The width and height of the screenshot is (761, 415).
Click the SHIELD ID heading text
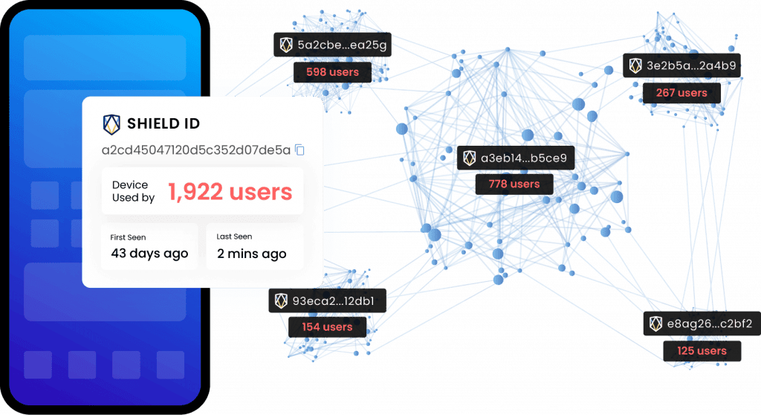[x=163, y=123]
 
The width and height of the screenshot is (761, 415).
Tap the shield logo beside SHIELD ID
[x=111, y=123]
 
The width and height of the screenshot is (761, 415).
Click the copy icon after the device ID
[x=299, y=150]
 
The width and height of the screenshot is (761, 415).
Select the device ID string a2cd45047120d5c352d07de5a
[x=196, y=150]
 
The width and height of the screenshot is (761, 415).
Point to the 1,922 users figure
[x=230, y=192]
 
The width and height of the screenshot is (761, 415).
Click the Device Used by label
[x=133, y=191]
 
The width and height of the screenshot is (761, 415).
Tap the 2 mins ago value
[x=251, y=254]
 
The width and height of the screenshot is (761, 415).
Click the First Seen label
[x=129, y=237]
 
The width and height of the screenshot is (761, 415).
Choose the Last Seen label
[x=234, y=237]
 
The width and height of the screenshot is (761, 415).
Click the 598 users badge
[x=332, y=72]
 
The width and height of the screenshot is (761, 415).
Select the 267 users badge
[x=681, y=93]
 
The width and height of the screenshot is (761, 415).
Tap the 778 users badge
[x=514, y=184]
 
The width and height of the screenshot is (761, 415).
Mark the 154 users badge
[x=327, y=326]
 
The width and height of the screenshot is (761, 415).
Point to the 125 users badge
[x=702, y=350]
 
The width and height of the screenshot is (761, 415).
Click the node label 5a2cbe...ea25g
[x=343, y=45]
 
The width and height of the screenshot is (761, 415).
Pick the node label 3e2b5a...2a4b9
[x=691, y=65]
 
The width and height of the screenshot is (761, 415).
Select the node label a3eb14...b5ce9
[x=524, y=158]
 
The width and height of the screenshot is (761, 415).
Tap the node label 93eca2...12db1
[x=338, y=301]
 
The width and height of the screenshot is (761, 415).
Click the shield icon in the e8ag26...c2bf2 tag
[x=655, y=324]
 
